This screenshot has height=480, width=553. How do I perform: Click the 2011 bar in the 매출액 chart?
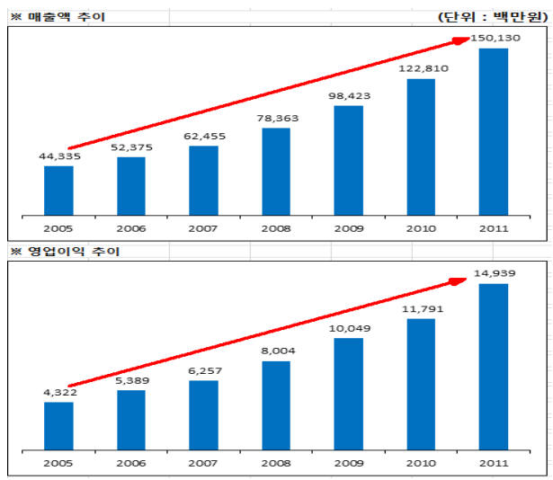click(494, 132)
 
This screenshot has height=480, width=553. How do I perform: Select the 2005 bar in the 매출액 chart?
click(58, 191)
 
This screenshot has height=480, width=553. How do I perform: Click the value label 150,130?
click(494, 38)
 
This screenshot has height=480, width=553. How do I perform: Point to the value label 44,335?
click(58, 156)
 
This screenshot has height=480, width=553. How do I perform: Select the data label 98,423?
click(349, 95)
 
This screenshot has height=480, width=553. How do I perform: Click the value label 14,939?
click(494, 273)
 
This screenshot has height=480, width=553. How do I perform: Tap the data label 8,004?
click(276, 351)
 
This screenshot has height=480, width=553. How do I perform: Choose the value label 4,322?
click(58, 392)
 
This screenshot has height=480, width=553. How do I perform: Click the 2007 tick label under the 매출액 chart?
click(204, 228)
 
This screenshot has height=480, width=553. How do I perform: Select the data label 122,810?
click(421, 68)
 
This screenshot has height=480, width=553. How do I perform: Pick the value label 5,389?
click(131, 380)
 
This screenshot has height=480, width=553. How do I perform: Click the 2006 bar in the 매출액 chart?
click(131, 186)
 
